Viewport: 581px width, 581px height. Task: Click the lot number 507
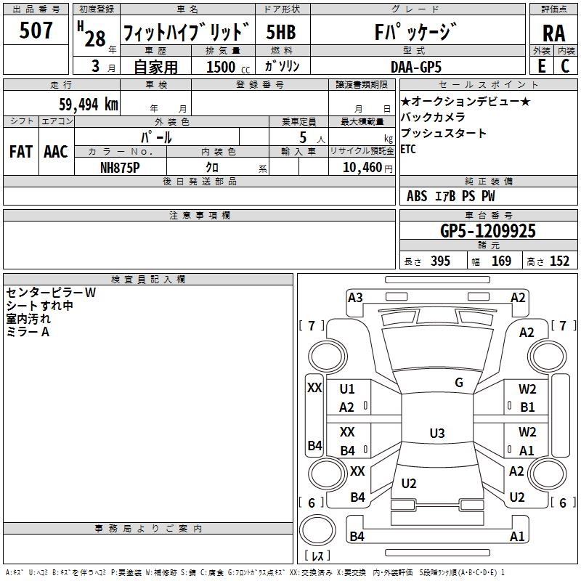[36, 30]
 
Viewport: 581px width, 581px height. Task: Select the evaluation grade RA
[553, 33]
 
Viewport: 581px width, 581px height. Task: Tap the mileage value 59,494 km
[89, 105]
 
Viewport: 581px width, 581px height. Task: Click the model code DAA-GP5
[416, 67]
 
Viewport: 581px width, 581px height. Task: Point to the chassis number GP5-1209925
[488, 231]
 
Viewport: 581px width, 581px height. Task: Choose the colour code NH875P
[120, 168]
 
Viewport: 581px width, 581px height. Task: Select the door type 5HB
[281, 32]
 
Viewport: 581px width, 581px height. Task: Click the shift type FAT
[21, 152]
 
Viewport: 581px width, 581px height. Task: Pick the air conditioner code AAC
[56, 152]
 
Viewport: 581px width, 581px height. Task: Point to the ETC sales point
[408, 150]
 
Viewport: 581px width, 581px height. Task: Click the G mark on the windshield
[459, 383]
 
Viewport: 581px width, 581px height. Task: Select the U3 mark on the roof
[437, 433]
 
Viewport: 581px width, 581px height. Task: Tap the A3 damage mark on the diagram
[355, 298]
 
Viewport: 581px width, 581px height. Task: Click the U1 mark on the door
[347, 389]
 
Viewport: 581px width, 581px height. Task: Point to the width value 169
[501, 261]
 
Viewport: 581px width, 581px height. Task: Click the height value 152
[559, 261]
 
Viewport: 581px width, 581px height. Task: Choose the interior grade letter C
[565, 66]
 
